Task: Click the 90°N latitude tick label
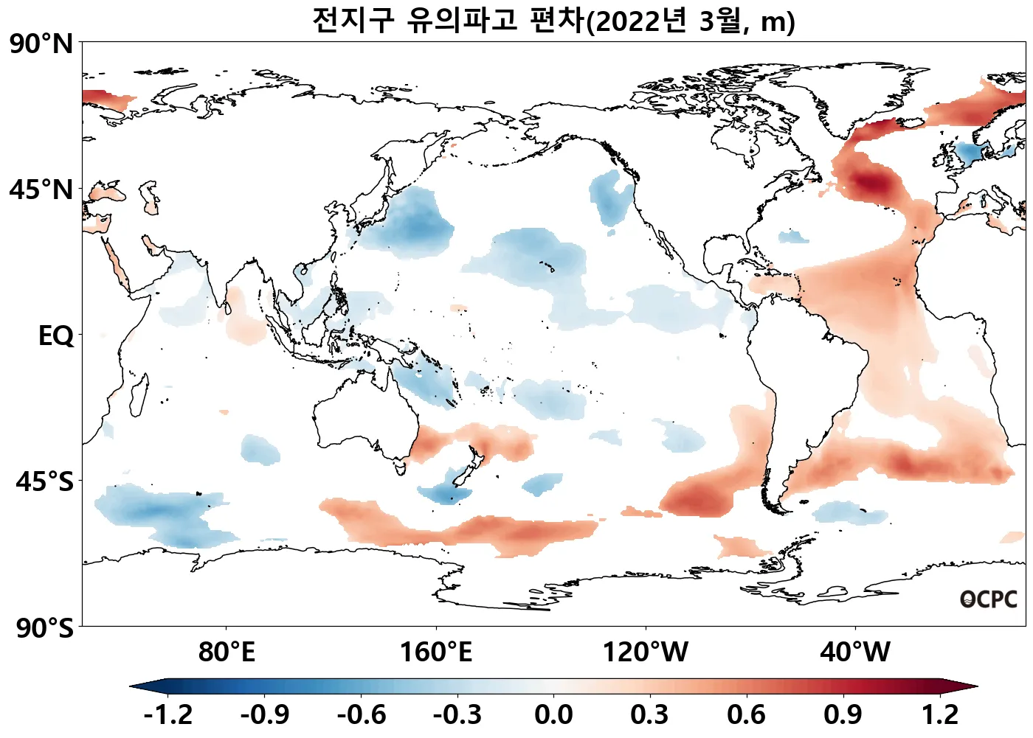tap(42, 43)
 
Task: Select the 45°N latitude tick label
tap(42, 189)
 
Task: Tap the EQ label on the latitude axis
tap(56, 335)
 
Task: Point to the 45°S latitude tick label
tap(44, 481)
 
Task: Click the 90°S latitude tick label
tap(44, 628)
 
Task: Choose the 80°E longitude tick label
tap(227, 652)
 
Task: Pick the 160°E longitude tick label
tap(435, 652)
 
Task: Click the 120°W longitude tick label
tap(646, 652)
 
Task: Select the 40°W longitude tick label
tap(855, 652)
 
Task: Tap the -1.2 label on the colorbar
tap(168, 714)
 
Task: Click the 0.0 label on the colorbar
tap(553, 714)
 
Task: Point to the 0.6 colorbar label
tap(746, 714)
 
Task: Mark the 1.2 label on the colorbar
tap(939, 714)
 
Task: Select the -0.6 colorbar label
tap(361, 714)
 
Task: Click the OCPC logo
tap(989, 599)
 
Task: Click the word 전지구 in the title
tap(353, 20)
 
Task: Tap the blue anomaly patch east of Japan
tap(413, 221)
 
